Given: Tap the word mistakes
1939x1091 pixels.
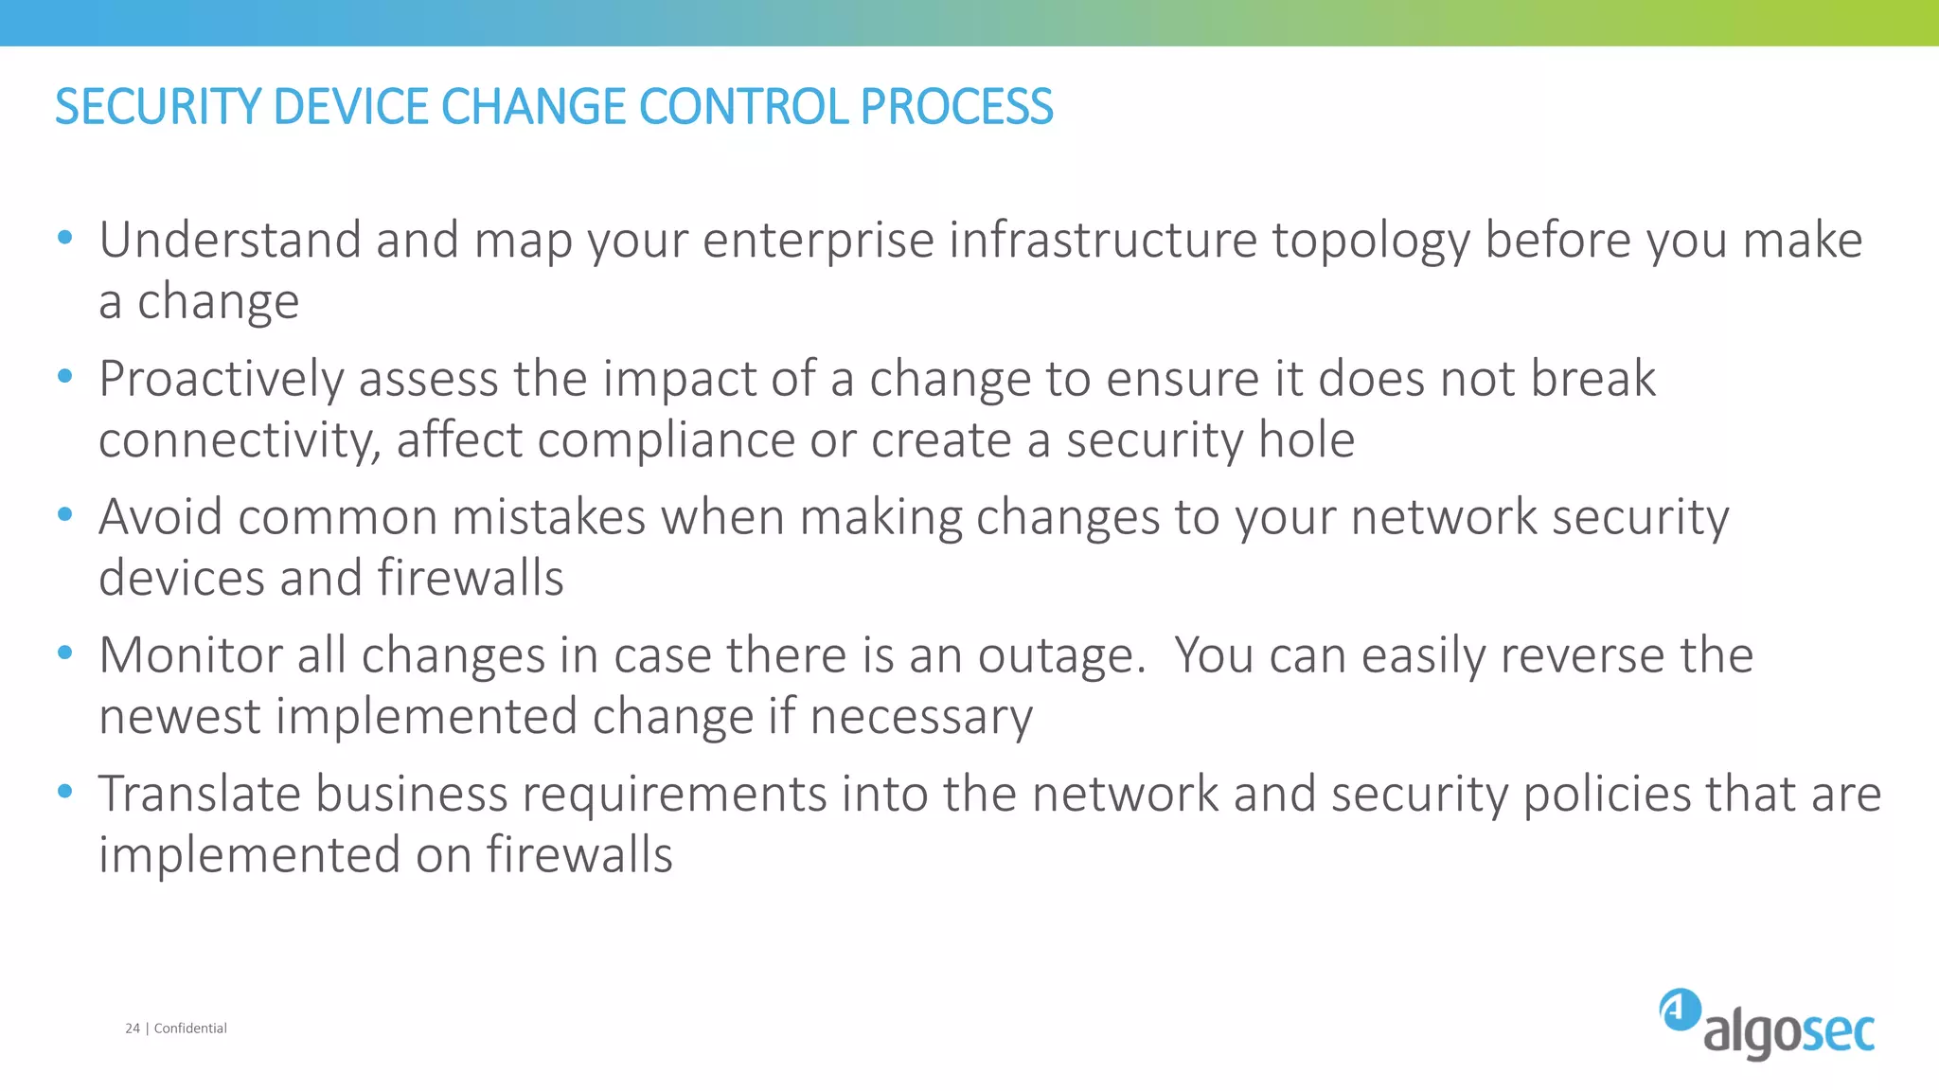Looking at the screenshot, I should [x=548, y=517].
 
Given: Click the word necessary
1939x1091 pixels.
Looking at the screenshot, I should [x=921, y=717].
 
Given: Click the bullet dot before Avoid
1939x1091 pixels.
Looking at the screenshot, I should [x=64, y=515].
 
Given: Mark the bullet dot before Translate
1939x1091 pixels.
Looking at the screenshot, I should [x=64, y=792].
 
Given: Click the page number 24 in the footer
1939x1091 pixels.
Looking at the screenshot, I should [x=133, y=1028].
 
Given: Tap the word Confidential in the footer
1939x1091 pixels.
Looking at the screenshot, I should [x=190, y=1028].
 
